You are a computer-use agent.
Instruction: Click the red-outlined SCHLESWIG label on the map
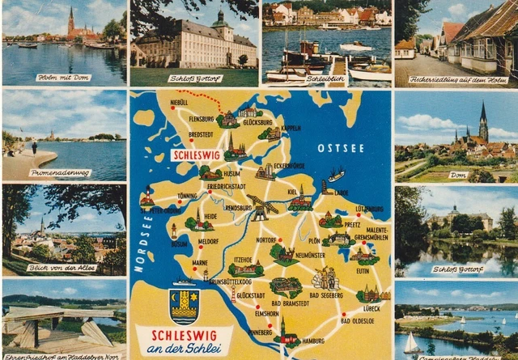197,156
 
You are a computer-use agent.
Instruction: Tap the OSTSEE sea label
335,148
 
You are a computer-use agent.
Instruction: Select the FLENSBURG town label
201,118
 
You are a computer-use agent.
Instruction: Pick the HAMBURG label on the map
312,341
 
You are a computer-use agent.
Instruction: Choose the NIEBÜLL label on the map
178,103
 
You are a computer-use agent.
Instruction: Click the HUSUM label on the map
231,173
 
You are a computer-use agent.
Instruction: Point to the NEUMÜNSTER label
310,255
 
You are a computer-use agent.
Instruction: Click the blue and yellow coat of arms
184,305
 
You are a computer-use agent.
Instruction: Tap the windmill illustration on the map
261,208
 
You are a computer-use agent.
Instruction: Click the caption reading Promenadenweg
60,172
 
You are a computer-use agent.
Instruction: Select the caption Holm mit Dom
63,78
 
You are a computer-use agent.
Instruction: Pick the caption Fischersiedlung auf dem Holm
455,78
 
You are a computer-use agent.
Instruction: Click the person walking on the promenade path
34,147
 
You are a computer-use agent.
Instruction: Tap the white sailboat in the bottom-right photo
411,344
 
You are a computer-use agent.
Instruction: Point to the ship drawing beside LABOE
334,175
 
